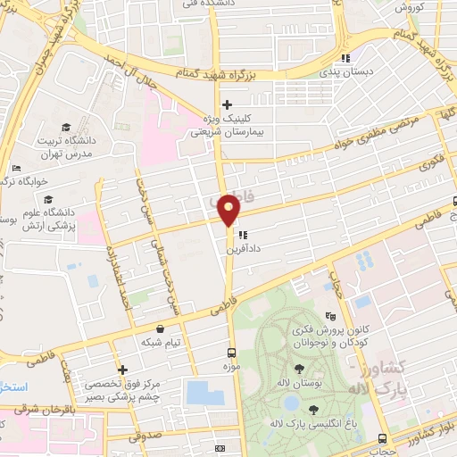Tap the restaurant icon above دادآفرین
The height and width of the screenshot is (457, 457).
[241, 236]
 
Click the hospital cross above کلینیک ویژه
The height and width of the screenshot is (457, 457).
[228, 104]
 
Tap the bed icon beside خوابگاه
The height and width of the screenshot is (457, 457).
[16, 168]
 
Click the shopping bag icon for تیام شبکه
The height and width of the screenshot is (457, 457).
[160, 328]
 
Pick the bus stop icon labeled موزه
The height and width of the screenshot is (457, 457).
[231, 353]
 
